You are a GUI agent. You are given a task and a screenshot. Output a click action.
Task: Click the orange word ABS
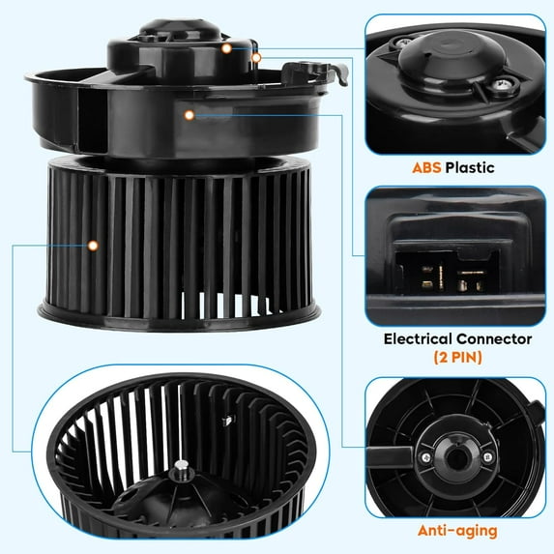[x=426, y=167]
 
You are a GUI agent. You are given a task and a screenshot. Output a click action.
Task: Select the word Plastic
[x=470, y=167]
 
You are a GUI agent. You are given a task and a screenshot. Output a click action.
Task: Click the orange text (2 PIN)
[x=457, y=357]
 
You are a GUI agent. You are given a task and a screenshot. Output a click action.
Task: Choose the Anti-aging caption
[x=457, y=531]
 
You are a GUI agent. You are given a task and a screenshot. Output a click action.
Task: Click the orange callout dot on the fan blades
[x=93, y=246]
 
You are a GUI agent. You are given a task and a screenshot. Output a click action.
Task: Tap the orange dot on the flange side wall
[x=190, y=115]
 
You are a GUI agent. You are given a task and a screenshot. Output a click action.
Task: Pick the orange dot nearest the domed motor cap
[x=226, y=48]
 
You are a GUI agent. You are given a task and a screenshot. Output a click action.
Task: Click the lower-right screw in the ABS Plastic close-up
[x=500, y=85]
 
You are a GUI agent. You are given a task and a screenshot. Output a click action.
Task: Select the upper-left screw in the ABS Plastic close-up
[x=401, y=43]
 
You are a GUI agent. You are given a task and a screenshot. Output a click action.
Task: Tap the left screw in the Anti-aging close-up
[x=425, y=457]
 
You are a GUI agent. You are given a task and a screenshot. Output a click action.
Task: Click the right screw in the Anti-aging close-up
[x=487, y=457]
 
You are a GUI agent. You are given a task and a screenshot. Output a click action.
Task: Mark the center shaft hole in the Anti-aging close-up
[x=456, y=458]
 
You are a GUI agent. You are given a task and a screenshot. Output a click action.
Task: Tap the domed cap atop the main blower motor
[x=180, y=28]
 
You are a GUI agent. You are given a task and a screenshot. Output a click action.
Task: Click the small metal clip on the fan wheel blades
[x=228, y=421]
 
